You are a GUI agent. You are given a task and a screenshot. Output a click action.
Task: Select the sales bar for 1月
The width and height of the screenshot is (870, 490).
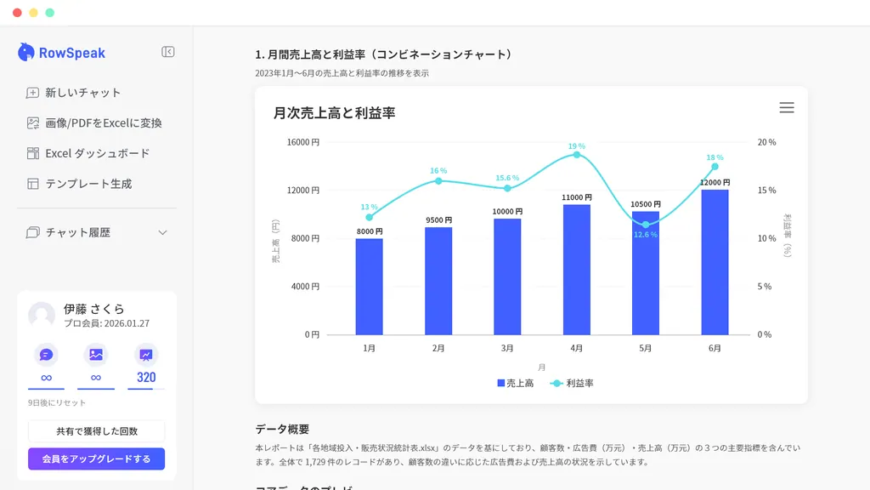click(369, 287)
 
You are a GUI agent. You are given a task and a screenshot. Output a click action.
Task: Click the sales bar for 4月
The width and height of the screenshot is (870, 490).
click(576, 270)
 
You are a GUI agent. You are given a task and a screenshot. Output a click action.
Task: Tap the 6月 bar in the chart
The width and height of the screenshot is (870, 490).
click(715, 262)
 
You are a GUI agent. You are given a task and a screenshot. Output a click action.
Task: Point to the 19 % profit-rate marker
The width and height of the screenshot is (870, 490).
click(577, 155)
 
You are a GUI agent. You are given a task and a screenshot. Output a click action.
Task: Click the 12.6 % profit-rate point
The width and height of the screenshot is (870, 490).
click(646, 225)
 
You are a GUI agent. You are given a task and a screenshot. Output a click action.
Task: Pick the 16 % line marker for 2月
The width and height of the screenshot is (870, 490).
click(438, 180)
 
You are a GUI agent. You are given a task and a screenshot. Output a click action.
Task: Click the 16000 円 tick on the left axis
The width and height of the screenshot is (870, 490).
click(302, 142)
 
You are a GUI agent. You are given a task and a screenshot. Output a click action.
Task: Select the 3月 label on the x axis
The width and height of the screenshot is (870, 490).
click(507, 349)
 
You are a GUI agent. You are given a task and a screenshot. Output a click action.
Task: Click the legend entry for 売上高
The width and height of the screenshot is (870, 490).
click(516, 384)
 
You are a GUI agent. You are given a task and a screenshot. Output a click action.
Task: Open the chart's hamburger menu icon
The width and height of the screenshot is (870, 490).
click(787, 108)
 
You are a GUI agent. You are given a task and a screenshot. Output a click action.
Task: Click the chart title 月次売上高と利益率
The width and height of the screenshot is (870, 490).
click(334, 112)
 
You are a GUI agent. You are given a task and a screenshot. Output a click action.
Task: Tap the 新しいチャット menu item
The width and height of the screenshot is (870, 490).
click(82, 93)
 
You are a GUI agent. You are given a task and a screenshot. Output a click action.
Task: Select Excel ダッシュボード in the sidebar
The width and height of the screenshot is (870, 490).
click(97, 153)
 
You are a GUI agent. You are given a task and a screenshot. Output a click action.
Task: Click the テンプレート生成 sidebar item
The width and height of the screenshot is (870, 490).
click(88, 184)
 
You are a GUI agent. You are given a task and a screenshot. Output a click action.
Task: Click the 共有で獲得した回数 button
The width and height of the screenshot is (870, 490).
click(97, 431)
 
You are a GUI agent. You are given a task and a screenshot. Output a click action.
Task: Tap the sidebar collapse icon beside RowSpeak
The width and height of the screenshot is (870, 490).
click(168, 52)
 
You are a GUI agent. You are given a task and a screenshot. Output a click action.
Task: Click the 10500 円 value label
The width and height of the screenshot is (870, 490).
click(646, 204)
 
